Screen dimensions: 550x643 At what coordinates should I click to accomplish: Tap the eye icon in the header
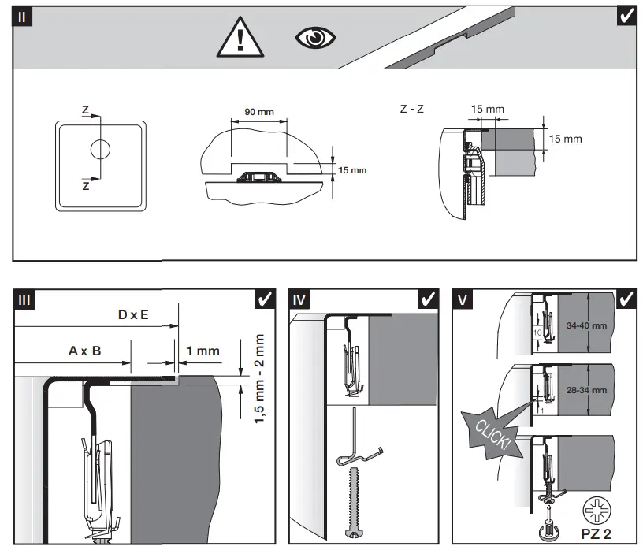[x=315, y=38]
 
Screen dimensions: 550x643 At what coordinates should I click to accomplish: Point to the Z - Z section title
[x=411, y=109]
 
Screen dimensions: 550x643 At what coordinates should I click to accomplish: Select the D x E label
[x=133, y=315]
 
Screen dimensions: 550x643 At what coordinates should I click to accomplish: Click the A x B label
[x=84, y=351]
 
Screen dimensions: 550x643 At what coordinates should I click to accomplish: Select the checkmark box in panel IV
[x=429, y=300]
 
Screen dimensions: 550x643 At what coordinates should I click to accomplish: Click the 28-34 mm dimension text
[x=587, y=390]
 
